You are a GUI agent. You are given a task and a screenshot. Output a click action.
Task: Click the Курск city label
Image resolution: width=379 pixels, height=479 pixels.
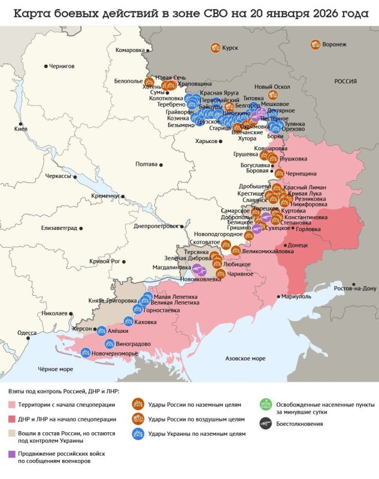230,48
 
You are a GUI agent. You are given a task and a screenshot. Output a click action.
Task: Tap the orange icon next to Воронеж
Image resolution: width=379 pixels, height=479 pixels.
315,44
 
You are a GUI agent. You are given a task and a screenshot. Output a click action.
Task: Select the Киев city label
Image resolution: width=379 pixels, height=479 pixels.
20,129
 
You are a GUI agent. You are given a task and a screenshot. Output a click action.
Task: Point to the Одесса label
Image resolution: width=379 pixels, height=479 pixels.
27,332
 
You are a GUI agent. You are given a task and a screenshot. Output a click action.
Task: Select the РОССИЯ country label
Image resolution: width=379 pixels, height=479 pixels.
345,81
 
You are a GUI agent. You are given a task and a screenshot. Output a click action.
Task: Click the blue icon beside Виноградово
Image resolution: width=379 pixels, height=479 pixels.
109,344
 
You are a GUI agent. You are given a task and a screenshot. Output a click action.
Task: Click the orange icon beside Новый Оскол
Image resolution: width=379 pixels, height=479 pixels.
273,95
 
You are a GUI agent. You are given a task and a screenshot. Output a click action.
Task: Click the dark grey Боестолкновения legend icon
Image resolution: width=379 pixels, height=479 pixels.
265,423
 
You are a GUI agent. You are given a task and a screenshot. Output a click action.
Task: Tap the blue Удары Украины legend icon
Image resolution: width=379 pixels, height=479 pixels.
138,433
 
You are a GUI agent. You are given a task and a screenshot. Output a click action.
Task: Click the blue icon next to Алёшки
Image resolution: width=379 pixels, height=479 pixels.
102,330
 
